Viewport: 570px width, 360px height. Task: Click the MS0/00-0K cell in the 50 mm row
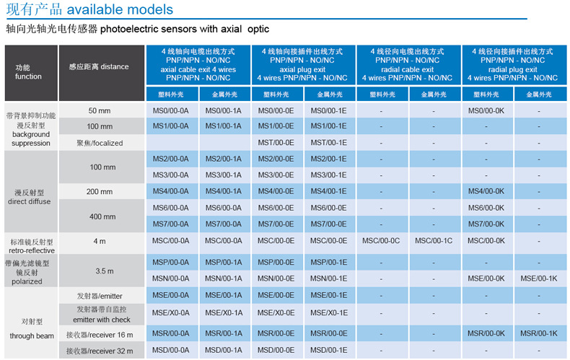coord(485,110)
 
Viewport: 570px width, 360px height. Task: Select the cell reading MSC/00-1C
coord(433,240)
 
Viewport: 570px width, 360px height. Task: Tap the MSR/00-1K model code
coord(538,333)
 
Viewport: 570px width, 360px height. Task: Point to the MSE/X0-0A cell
coord(170,312)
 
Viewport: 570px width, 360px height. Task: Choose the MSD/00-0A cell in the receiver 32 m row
coord(170,351)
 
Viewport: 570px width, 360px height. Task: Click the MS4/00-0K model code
coord(485,191)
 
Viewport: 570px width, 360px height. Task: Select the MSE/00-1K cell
coord(538,278)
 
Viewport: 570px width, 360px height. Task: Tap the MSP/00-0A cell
coord(170,262)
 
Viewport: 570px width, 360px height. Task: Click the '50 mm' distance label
coord(99,110)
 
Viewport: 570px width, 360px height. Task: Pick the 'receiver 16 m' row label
coord(100,334)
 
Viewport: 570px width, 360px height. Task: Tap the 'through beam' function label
coord(31,336)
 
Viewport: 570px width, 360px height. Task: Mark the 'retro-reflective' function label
coord(31,250)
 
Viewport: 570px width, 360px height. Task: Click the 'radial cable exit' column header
coord(407,69)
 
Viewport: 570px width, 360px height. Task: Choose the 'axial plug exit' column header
coord(302,69)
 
